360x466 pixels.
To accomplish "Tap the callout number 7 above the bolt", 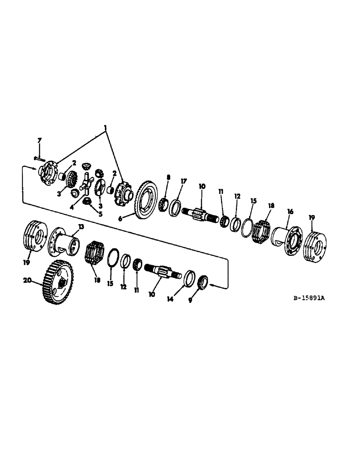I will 40,141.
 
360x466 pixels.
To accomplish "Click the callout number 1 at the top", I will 105,127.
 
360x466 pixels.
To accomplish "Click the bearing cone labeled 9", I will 203,282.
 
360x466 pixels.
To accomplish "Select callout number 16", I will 290,211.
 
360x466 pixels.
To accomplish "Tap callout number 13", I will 81,226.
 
